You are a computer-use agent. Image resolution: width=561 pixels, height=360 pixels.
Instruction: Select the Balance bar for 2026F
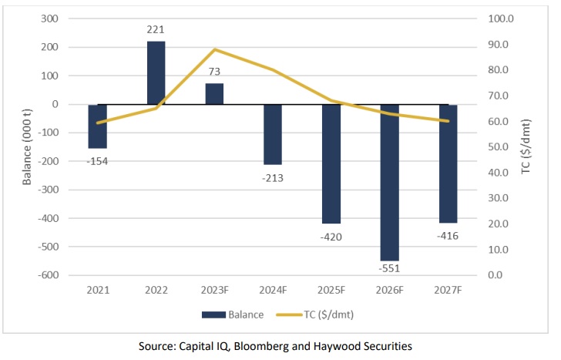[x=389, y=182]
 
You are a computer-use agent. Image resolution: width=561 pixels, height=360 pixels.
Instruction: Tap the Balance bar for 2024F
[x=273, y=134]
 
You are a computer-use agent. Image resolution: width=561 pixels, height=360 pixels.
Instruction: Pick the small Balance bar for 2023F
[x=214, y=93]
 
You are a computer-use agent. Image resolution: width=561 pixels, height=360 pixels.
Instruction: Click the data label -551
[x=389, y=268]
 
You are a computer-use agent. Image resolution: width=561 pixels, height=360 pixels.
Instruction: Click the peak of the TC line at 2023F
[x=214, y=49]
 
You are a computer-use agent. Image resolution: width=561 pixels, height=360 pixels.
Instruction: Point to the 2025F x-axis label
[x=331, y=290]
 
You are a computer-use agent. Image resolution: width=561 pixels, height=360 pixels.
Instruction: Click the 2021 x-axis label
[x=98, y=290]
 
